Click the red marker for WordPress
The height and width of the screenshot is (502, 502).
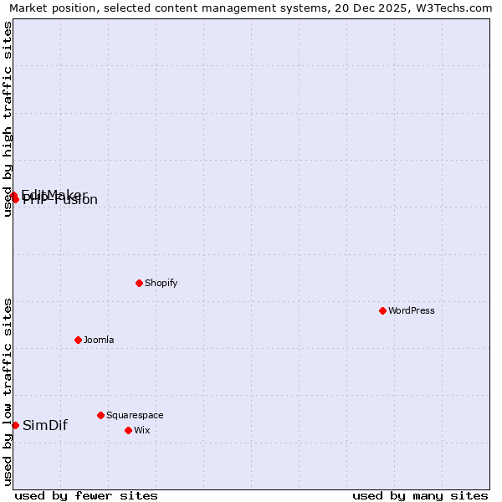(x=382, y=310)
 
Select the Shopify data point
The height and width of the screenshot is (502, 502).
(x=139, y=283)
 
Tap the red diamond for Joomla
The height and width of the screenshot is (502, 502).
(x=78, y=340)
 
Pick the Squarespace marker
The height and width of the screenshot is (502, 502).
(x=100, y=415)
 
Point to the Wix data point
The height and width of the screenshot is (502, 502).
(x=128, y=430)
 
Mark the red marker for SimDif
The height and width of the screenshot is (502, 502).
(x=15, y=425)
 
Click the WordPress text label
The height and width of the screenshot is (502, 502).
(x=412, y=310)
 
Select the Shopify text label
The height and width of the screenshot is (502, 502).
(x=161, y=283)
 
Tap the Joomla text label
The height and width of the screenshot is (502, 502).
(x=99, y=340)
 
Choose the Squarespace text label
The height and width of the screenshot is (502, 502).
(x=135, y=415)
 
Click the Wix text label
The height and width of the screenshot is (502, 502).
(x=142, y=430)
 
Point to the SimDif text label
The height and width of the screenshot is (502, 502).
(x=45, y=425)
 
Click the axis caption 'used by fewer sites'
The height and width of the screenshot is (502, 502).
(x=86, y=495)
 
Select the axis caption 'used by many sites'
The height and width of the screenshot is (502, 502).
(x=420, y=495)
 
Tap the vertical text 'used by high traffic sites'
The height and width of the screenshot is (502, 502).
(x=8, y=119)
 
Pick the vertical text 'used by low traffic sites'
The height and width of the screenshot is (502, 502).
(x=8, y=392)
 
